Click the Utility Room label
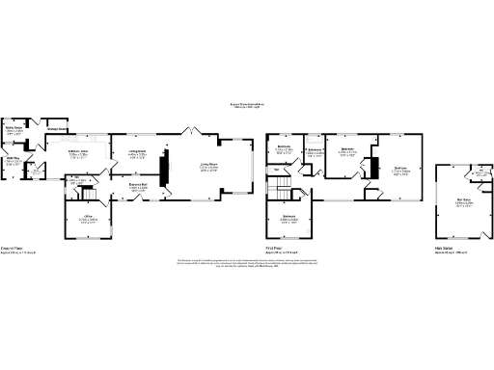pyautogui.click(x=14, y=129)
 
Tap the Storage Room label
pyautogui.click(x=56, y=128)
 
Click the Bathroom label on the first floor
pyautogui.click(x=314, y=152)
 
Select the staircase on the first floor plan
pyautogui.click(x=281, y=182)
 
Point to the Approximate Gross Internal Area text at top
pyautogui.click(x=247, y=106)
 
